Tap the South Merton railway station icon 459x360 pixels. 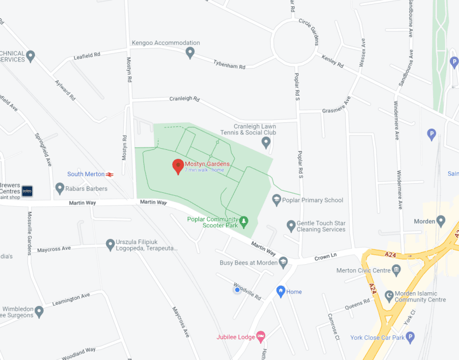(110, 174)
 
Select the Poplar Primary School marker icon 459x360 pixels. (277, 200)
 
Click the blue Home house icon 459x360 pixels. (281, 292)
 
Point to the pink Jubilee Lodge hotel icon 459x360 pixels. (260, 336)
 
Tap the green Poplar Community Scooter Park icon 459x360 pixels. (244, 220)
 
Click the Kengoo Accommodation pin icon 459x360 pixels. (190, 53)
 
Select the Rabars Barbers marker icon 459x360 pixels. (60, 188)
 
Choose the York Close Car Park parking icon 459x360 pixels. (410, 337)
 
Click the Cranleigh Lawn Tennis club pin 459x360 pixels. (266, 142)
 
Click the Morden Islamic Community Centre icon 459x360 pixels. (389, 295)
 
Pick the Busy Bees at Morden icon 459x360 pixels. (283, 262)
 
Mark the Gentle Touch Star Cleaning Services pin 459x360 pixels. (291, 225)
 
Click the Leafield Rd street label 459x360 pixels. (87, 56)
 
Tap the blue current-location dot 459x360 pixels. (237, 290)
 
